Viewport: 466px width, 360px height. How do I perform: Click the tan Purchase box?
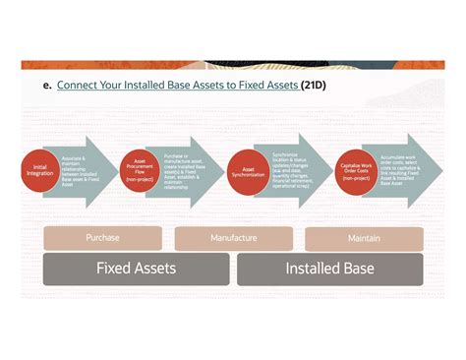(102, 238)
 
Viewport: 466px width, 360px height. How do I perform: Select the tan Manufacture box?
(233, 238)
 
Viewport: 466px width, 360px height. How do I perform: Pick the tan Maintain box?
(364, 238)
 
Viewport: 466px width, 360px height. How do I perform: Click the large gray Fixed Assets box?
(137, 269)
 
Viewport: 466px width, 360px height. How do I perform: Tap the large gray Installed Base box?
(329, 269)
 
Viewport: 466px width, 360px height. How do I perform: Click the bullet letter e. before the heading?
(46, 86)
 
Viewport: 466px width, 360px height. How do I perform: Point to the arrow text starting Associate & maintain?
(79, 169)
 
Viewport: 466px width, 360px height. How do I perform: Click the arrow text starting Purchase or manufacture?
(185, 169)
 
